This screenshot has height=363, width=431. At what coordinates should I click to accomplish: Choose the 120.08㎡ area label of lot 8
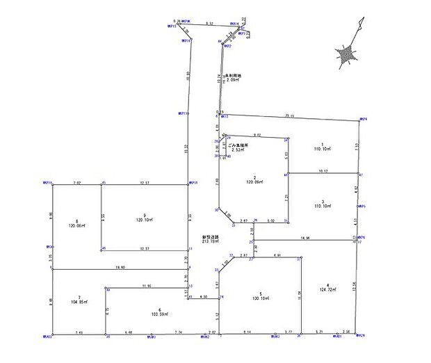click(x=76, y=226)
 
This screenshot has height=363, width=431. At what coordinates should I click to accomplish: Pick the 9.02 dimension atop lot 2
click(x=257, y=134)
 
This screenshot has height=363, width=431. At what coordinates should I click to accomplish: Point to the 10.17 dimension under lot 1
click(x=323, y=170)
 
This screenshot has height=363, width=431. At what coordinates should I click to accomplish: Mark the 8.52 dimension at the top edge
click(x=199, y=23)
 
